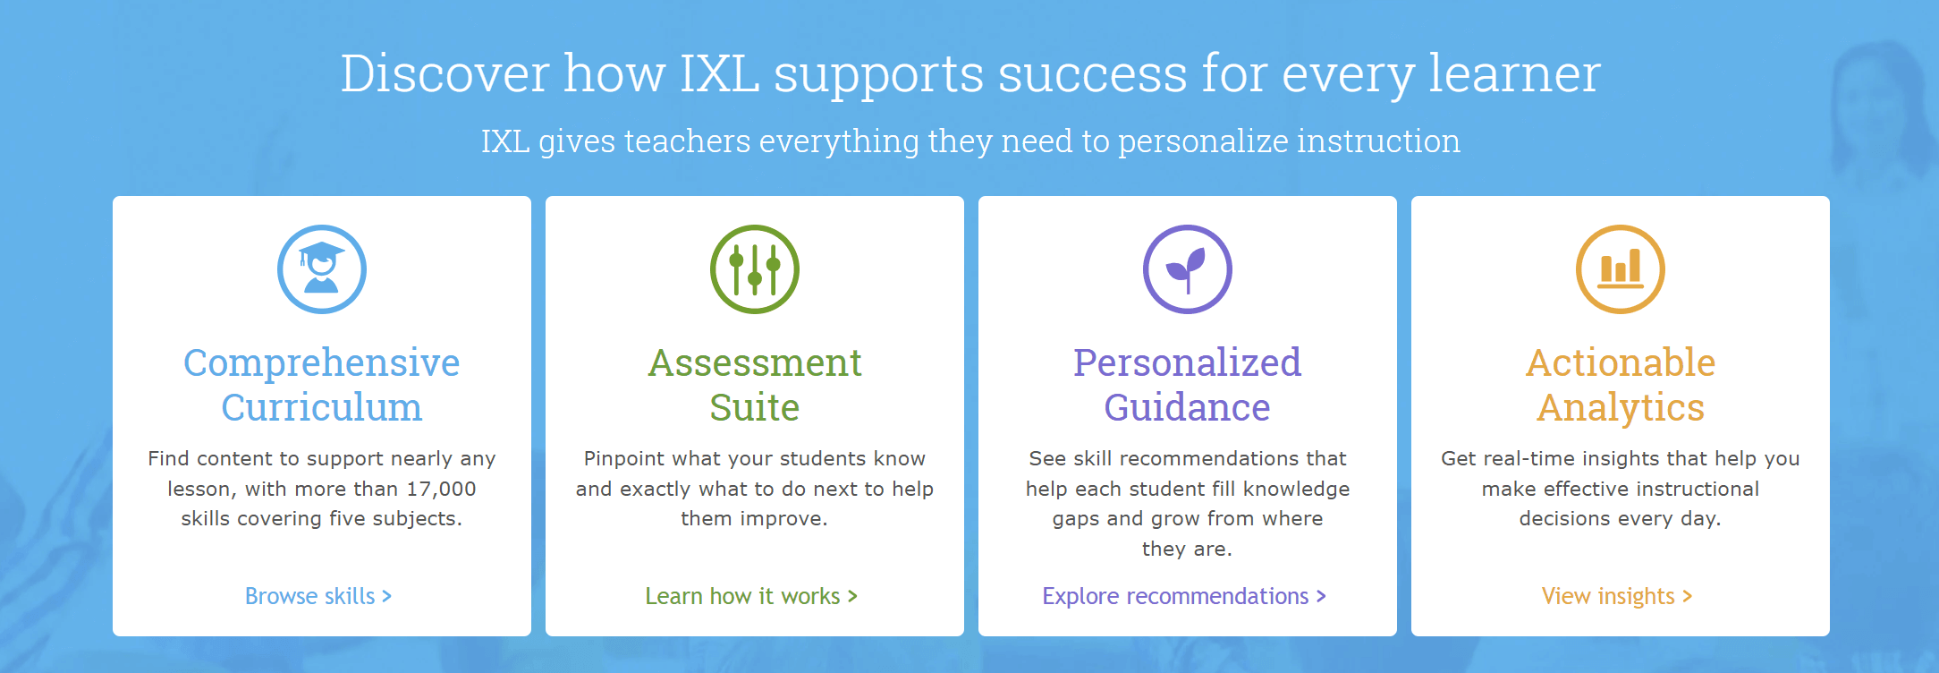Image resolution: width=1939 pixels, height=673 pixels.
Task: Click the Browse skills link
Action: click(x=318, y=596)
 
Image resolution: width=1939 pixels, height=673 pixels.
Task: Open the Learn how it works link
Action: click(x=750, y=596)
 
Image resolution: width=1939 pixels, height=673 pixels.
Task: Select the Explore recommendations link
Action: click(x=1183, y=596)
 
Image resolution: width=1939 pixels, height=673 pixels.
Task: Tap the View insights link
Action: click(x=1615, y=596)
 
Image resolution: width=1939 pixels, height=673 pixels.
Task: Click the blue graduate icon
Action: click(x=322, y=269)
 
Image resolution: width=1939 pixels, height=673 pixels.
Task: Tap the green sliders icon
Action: click(x=755, y=269)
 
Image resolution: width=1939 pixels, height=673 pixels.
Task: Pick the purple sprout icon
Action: click(x=1188, y=269)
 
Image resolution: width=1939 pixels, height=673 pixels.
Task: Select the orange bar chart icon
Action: click(x=1621, y=269)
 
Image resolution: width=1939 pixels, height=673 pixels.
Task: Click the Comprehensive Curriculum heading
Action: click(x=322, y=385)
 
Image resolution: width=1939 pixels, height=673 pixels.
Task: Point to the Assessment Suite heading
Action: click(x=755, y=385)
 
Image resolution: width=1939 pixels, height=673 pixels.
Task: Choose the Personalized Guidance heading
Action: click(x=1188, y=385)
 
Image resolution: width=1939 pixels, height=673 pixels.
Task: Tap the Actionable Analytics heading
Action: click(x=1621, y=385)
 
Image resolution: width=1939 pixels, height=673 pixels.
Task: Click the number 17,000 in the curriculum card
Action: click(x=441, y=490)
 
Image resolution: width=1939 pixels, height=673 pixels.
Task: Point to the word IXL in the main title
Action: click(x=719, y=73)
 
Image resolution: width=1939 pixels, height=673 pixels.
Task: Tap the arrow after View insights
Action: click(x=1687, y=596)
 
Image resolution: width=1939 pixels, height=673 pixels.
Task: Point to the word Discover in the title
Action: click(x=445, y=73)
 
